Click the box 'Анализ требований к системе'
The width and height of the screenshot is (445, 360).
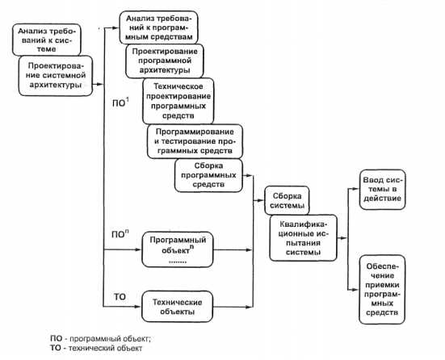(x=47, y=40)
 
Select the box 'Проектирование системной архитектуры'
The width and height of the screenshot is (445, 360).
(x=56, y=76)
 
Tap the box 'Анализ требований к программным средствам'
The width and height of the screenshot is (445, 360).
(x=158, y=27)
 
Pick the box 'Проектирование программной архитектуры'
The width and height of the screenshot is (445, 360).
(x=165, y=61)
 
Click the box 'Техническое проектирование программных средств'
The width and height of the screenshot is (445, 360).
(x=178, y=101)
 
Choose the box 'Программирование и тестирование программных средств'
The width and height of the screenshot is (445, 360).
(x=195, y=141)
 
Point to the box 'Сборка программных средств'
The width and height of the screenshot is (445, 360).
(x=208, y=175)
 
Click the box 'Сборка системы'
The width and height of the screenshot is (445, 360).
(x=287, y=200)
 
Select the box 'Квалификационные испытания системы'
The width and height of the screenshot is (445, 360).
(x=304, y=238)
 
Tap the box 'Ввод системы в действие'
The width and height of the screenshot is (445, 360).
(x=382, y=190)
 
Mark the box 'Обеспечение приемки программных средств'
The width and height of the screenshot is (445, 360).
(x=382, y=289)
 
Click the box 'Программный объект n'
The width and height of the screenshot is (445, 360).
(x=178, y=249)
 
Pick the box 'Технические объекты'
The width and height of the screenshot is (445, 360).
(x=178, y=307)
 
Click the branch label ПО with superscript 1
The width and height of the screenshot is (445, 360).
(x=120, y=103)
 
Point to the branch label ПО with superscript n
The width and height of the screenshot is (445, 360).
(x=120, y=234)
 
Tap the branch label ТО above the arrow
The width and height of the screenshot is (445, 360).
(x=120, y=297)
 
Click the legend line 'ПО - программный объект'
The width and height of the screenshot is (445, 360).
(x=100, y=339)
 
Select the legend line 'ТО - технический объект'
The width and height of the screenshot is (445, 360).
(x=96, y=348)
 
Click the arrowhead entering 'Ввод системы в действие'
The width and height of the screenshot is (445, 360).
(x=356, y=188)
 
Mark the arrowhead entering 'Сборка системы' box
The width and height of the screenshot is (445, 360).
(x=261, y=200)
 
